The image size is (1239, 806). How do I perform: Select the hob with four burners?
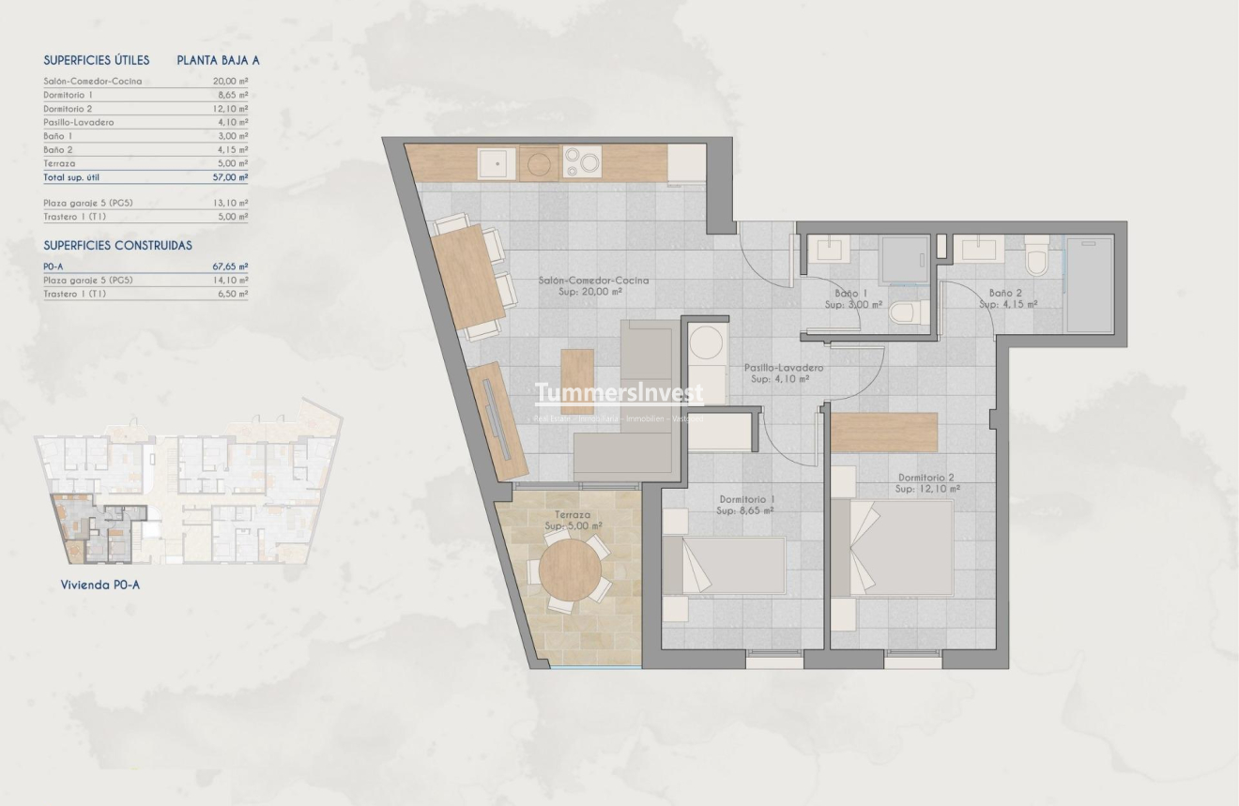coord(582,163)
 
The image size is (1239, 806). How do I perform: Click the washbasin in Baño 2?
coord(977,248)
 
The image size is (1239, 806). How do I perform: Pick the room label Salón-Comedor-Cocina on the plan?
coord(593,281)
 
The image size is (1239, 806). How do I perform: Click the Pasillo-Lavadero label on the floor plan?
coord(784,368)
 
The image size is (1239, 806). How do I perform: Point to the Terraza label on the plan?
coord(573,515)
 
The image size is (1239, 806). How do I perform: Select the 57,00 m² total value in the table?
coord(230,177)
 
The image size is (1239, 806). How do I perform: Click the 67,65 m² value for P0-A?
coord(230,266)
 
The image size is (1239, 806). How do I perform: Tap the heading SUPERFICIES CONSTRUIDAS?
coord(117,245)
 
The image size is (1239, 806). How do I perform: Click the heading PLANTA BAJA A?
coord(218,60)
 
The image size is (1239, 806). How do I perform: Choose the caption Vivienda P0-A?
coord(100,585)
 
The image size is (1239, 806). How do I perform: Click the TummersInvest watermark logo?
coord(619,393)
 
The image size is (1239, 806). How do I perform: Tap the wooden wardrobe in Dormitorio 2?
coord(884,432)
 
